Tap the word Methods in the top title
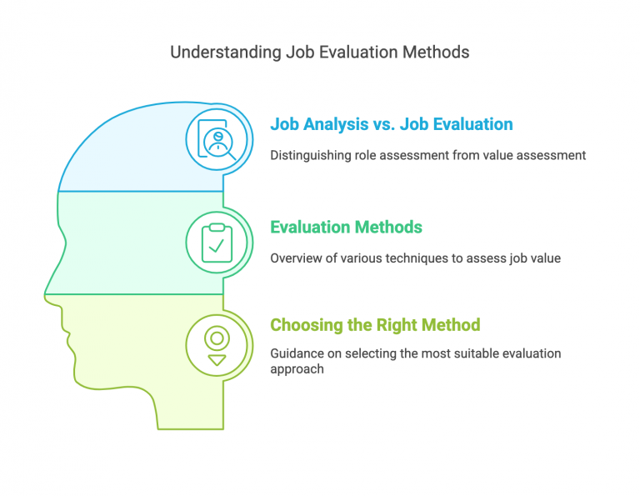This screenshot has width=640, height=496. pyautogui.click(x=436, y=53)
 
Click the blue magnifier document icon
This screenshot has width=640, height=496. pyautogui.click(x=217, y=138)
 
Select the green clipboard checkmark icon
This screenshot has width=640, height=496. pyautogui.click(x=217, y=241)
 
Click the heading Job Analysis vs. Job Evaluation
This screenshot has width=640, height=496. pyautogui.click(x=391, y=124)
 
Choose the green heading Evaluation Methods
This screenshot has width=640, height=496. pyautogui.click(x=346, y=227)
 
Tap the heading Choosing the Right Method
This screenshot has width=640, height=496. pyautogui.click(x=374, y=324)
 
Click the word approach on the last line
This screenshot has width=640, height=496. pyautogui.click(x=296, y=368)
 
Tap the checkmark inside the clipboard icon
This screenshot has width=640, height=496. pyautogui.click(x=217, y=246)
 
